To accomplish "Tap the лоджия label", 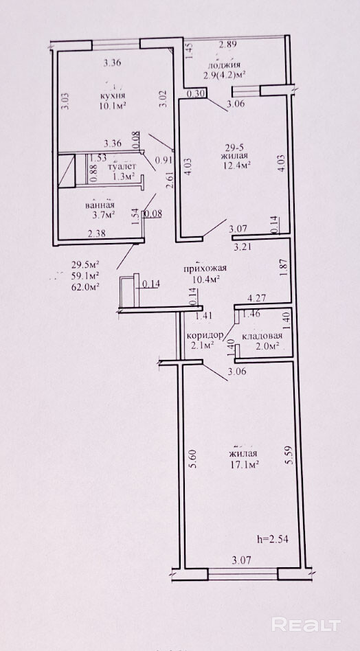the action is (224, 65).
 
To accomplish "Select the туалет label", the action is (122, 166).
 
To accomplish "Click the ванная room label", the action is (100, 205).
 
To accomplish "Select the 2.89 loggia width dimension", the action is (227, 46).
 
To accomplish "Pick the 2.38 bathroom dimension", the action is (96, 233).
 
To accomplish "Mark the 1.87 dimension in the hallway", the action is (284, 271).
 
